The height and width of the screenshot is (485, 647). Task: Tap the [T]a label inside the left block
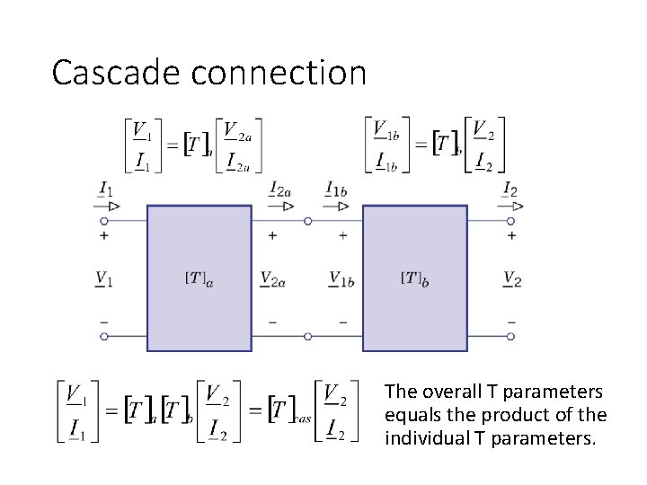pyautogui.click(x=199, y=278)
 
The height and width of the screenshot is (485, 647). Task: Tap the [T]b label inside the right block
pyautogui.click(x=414, y=278)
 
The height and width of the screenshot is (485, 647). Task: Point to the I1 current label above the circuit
pyautogui.click(x=106, y=190)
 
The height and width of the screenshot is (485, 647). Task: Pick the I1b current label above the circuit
pyautogui.click(x=338, y=190)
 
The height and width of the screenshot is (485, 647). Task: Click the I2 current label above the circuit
pyautogui.click(x=510, y=190)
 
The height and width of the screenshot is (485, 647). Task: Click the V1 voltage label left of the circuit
pyautogui.click(x=104, y=278)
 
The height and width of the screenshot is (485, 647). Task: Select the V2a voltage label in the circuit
pyautogui.click(x=271, y=278)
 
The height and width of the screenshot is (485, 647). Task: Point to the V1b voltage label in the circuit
pyautogui.click(x=341, y=278)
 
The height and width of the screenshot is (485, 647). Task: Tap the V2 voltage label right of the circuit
pyautogui.click(x=512, y=278)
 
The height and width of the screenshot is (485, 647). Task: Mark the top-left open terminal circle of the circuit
pyautogui.click(x=104, y=220)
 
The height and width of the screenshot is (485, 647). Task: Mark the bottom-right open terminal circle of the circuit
pyautogui.click(x=510, y=336)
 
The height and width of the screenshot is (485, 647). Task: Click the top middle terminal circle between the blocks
pyautogui.click(x=307, y=220)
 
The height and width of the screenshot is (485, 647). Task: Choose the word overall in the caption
pyautogui.click(x=452, y=392)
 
